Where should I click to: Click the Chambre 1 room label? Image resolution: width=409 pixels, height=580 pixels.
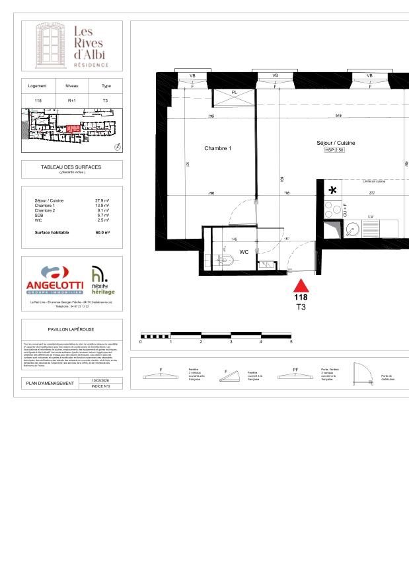[217, 148]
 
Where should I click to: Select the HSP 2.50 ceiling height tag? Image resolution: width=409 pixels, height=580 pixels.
[336, 150]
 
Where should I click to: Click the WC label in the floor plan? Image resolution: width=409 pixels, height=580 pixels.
[244, 252]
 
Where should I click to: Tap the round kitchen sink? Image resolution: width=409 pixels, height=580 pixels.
[352, 231]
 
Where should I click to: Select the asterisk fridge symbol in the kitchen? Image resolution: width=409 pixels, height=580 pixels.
[332, 190]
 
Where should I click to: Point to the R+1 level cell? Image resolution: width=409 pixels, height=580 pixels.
[71, 100]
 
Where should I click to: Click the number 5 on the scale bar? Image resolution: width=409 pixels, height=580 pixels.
[291, 342]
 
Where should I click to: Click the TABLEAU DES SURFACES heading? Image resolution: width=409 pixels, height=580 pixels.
[71, 167]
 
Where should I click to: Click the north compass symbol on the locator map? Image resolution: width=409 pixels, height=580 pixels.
[117, 146]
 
